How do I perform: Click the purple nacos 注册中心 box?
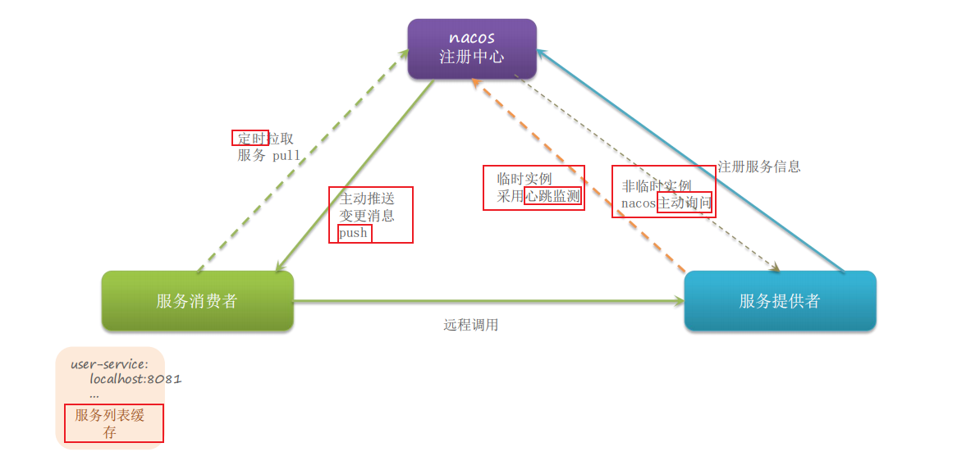tap(472, 49)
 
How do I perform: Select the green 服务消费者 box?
tap(197, 301)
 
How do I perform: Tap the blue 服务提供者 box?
tap(780, 301)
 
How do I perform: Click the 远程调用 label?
tap(471, 325)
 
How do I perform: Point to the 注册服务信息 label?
tap(759, 167)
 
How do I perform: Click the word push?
tap(354, 233)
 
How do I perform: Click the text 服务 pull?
tap(269, 155)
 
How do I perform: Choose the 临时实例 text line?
tap(524, 179)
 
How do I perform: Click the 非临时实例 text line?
tap(657, 186)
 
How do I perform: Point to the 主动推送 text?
tap(367, 199)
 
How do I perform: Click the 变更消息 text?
tap(367, 216)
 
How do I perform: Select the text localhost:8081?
tap(135, 379)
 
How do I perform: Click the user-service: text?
tap(109, 363)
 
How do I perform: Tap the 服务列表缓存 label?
tap(110, 423)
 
